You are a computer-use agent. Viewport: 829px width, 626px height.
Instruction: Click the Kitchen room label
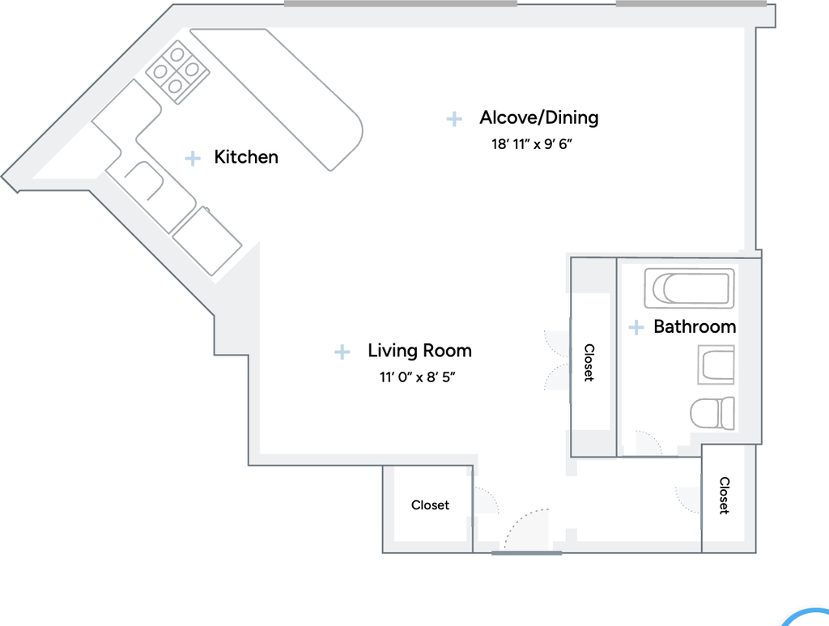(x=246, y=157)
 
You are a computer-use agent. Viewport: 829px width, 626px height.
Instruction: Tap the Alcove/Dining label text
(x=538, y=117)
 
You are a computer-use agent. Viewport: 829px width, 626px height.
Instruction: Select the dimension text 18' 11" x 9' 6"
(x=532, y=144)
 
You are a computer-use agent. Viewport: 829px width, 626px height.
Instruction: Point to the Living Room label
(x=420, y=351)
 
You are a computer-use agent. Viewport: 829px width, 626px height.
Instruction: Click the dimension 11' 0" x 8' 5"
(x=417, y=377)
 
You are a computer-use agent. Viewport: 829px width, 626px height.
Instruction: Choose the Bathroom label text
(x=695, y=326)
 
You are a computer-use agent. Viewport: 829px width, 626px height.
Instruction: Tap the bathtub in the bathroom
(x=690, y=288)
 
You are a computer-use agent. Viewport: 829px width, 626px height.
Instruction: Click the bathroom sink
(x=716, y=364)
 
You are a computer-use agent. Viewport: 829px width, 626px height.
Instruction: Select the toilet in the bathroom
(x=712, y=413)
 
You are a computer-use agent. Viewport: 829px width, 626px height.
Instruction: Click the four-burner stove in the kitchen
(x=177, y=71)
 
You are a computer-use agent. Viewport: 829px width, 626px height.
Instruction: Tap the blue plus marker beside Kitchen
(x=193, y=158)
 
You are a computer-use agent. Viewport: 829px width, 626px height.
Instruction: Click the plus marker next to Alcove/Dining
(x=454, y=119)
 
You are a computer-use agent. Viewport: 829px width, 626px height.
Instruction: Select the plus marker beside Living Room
(x=342, y=351)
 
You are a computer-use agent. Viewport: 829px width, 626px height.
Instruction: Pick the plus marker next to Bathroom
(x=636, y=327)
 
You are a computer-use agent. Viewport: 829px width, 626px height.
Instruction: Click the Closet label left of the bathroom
(x=589, y=363)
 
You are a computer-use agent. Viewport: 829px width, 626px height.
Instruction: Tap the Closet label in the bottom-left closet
(x=431, y=505)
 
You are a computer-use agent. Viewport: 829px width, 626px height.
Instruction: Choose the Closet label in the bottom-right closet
(x=725, y=496)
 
